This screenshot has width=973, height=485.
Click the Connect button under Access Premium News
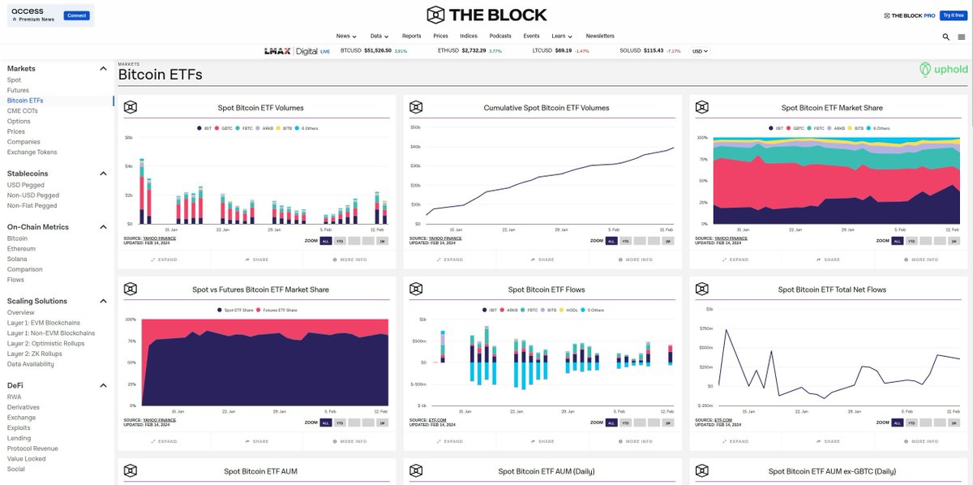pyautogui.click(x=77, y=15)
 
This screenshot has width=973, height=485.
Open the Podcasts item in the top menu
pyautogui.click(x=500, y=36)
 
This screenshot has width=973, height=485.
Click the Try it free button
pyautogui.click(x=953, y=15)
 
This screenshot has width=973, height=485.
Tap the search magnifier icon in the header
pyautogui.click(x=946, y=36)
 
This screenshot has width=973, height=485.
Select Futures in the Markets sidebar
pyautogui.click(x=18, y=90)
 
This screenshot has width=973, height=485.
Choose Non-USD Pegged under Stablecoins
pyautogui.click(x=33, y=195)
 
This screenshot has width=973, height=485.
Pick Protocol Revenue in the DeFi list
pyautogui.click(x=32, y=449)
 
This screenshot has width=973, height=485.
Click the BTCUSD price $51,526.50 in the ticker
pyautogui.click(x=378, y=50)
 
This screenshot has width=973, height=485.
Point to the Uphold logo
pyautogui.click(x=944, y=70)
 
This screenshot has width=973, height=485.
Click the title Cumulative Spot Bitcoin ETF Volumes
pyautogui.click(x=546, y=108)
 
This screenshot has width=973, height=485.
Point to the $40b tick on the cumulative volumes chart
pyautogui.click(x=415, y=147)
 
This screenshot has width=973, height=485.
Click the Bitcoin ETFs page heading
pyautogui.click(x=160, y=75)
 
